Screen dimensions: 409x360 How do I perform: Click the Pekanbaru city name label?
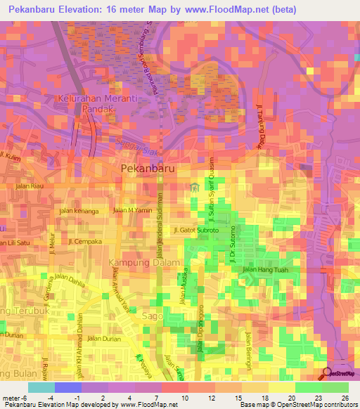click(x=148, y=169)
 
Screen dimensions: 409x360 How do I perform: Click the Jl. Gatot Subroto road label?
click(x=196, y=230)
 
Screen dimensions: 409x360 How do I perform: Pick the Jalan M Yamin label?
click(x=132, y=210)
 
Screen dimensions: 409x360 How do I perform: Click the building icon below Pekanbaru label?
click(x=195, y=186)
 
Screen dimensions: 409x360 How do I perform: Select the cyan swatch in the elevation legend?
click(x=41, y=387)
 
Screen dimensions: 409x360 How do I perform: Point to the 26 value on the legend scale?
click(x=345, y=397)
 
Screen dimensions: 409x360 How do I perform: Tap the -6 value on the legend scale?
click(x=21, y=397)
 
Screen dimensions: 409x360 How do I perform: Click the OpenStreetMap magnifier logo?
click(x=327, y=374)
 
